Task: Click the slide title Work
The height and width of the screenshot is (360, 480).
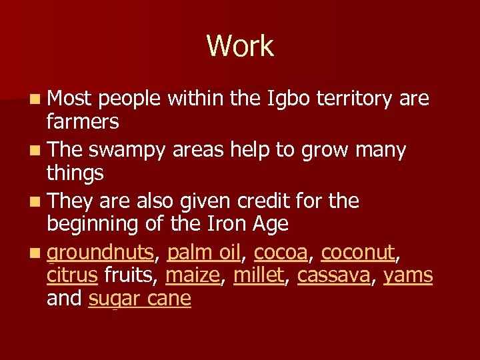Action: [x=240, y=46]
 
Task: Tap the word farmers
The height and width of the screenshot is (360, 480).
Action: [x=83, y=122]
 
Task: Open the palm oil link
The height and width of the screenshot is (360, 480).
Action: [x=204, y=252]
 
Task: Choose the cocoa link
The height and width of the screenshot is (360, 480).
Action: [x=281, y=252]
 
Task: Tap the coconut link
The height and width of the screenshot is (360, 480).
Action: [x=358, y=252]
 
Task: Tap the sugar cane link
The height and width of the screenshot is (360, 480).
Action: [x=139, y=298]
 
